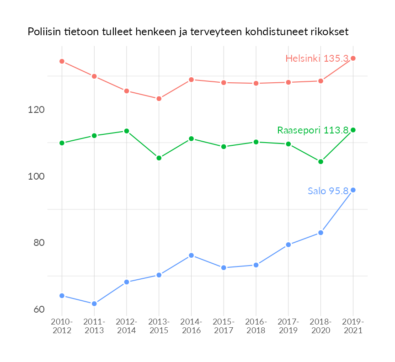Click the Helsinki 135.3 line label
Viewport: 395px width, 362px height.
[x=317, y=59]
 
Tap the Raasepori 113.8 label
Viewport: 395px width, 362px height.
[x=313, y=130]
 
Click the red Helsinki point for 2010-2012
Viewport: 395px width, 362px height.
[x=62, y=61]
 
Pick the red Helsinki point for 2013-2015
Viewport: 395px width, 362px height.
[x=159, y=99]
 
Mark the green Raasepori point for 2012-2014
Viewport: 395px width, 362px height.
[x=127, y=131]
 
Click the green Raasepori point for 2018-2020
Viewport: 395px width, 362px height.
[x=320, y=162]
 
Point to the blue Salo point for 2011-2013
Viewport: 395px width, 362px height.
[x=94, y=304]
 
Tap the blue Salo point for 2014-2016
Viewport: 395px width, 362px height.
[x=192, y=256]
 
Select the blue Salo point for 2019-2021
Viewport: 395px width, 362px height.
[x=353, y=190]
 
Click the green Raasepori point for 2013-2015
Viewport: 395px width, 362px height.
[x=159, y=158]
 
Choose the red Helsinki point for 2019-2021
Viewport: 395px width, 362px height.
[x=353, y=58]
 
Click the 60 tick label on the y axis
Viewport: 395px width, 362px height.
[x=39, y=309]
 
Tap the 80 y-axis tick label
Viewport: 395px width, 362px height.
[x=39, y=243]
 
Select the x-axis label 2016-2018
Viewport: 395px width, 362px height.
[x=256, y=326]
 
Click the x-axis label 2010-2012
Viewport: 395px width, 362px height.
[x=62, y=326]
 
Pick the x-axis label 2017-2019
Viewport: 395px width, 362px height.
[x=288, y=326]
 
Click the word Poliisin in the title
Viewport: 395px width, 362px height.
[x=44, y=32]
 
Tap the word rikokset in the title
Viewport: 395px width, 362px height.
[x=330, y=32]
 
